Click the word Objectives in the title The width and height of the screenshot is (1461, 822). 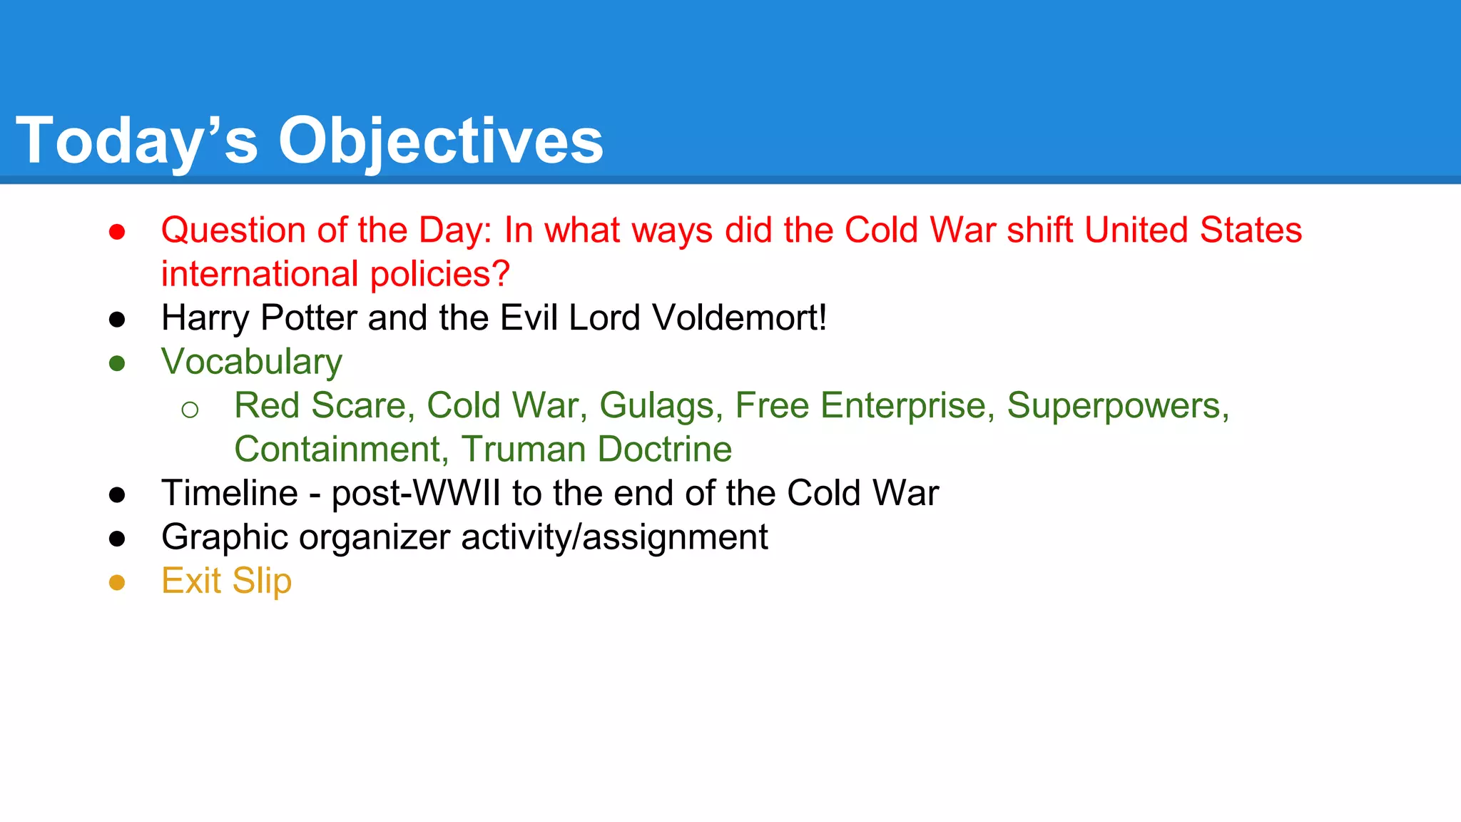click(440, 141)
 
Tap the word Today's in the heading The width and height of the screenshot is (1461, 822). click(136, 141)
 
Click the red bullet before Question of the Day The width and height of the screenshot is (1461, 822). click(117, 232)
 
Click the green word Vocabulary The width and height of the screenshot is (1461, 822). click(251, 362)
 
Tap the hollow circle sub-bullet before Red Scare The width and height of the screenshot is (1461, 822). click(190, 410)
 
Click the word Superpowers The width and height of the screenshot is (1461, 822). click(1117, 406)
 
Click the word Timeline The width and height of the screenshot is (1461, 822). click(230, 493)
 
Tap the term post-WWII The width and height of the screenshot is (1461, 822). click(416, 493)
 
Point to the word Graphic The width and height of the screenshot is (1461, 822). click(225, 537)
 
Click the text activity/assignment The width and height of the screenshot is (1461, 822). click(614, 537)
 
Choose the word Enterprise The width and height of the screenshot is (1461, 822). click(903, 406)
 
